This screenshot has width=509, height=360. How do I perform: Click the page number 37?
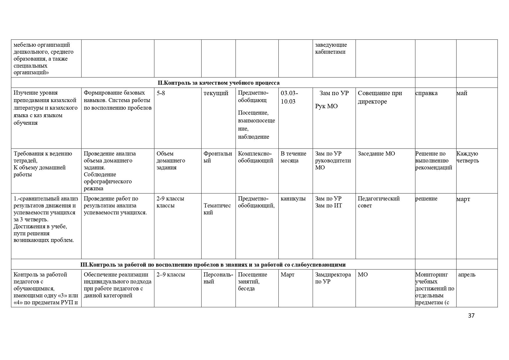pyautogui.click(x=471, y=316)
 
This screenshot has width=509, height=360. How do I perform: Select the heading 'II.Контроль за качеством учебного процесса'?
pyautogui.click(x=218, y=83)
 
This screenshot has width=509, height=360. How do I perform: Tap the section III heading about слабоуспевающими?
pyautogui.click(x=213, y=265)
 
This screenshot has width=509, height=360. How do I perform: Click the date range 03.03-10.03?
pyautogui.click(x=289, y=97)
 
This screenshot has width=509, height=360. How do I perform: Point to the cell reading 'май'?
pyautogui.click(x=462, y=93)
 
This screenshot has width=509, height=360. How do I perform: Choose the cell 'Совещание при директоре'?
pyautogui.click(x=380, y=97)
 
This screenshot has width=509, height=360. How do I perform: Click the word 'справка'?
pyautogui.click(x=426, y=93)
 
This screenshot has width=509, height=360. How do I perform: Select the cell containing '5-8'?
pyautogui.click(x=161, y=93)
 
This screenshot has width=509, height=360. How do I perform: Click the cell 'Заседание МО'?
pyautogui.click(x=376, y=154)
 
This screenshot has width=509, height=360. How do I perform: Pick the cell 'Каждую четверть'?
pyautogui.click(x=468, y=157)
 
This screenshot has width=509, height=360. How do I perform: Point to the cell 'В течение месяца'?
pyautogui.click(x=293, y=157)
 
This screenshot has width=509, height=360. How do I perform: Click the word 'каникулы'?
pyautogui.click(x=293, y=199)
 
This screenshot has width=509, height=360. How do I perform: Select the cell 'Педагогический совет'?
pyautogui.click(x=378, y=202)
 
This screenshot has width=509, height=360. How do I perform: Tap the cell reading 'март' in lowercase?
pyautogui.click(x=463, y=199)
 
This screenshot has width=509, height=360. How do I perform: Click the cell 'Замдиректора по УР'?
pyautogui.click(x=333, y=278)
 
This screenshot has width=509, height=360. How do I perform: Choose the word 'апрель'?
pyautogui.click(x=467, y=275)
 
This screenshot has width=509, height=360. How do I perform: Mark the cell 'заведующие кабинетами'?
pyautogui.click(x=331, y=48)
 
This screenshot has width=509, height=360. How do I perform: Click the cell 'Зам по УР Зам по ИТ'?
pyautogui.click(x=328, y=202)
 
